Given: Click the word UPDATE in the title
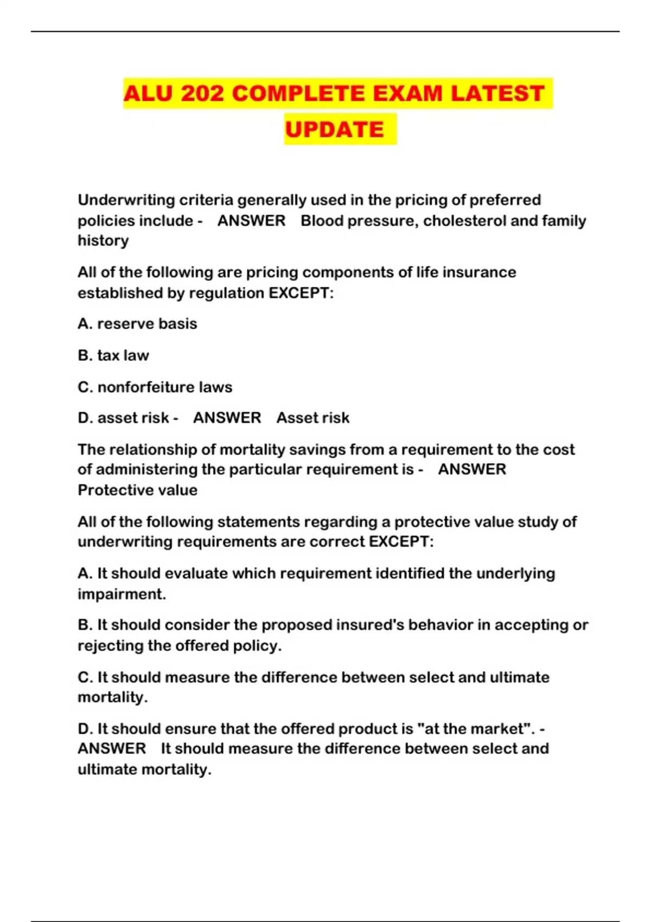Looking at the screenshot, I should coord(334,130).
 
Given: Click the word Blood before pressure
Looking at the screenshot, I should coord(323,221).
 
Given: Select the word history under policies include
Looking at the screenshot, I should coord(103,240).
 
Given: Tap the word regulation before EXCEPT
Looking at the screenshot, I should coord(226,293).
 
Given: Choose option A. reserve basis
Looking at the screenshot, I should coord(137,324).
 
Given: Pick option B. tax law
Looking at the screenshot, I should coord(113,355).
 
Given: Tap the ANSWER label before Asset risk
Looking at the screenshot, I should coord(227,418).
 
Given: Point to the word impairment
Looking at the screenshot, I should coord(121,594).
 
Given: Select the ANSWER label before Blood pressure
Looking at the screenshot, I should coord(251,221).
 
